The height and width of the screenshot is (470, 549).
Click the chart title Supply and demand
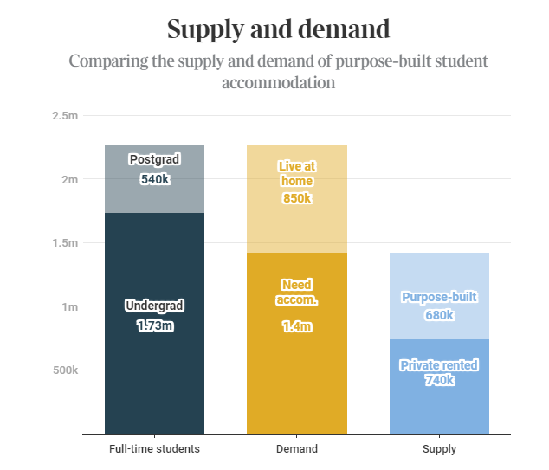pos(278,29)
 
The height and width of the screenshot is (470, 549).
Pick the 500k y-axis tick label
pos(65,370)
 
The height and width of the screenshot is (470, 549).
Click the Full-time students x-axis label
pos(154,449)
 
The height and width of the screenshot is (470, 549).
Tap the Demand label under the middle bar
pos(296,449)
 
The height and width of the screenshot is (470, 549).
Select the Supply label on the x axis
pos(439,449)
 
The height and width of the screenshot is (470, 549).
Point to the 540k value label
pos(154,179)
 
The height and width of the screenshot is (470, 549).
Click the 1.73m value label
pos(154,326)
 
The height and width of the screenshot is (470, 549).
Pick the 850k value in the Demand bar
pos(296,198)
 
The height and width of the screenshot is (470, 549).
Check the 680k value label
pos(439,315)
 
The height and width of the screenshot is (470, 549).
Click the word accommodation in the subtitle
pos(278,84)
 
